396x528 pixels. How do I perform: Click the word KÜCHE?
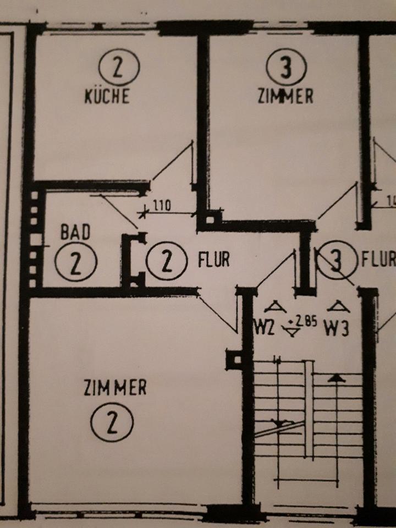click(107, 97)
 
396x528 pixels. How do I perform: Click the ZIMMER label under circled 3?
click(285, 96)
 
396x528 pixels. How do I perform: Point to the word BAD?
click(75, 233)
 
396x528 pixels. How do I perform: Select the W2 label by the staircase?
click(264, 329)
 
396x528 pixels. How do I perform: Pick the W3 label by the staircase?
click(337, 329)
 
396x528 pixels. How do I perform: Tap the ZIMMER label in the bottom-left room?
click(115, 388)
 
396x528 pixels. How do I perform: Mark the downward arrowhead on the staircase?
click(280, 423)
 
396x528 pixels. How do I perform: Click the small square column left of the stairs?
click(235, 360)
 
